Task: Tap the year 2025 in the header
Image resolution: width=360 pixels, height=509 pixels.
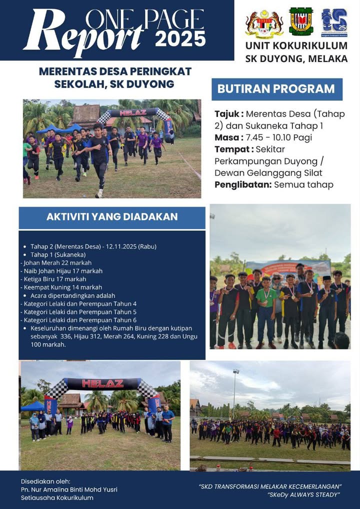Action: (180, 38)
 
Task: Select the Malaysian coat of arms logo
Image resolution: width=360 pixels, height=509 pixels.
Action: (264, 23)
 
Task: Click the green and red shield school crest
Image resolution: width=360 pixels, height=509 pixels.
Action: (301, 21)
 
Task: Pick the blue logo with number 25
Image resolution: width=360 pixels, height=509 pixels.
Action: (334, 22)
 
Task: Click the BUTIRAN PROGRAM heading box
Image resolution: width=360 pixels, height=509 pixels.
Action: (276, 89)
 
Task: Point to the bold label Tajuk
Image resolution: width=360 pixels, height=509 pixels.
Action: (228, 114)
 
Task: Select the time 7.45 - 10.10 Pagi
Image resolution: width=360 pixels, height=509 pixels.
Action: (275, 137)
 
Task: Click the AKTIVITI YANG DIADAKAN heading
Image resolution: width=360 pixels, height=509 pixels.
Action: (112, 217)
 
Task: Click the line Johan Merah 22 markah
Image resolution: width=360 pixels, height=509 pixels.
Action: (57, 262)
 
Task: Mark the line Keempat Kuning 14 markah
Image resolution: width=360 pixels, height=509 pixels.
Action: (62, 287)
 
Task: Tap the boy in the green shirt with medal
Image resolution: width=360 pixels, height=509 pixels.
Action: (266, 307)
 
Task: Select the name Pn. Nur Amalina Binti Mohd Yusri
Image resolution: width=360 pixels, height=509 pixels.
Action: (69, 489)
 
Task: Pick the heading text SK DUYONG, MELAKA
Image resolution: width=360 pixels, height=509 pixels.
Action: (296, 58)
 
